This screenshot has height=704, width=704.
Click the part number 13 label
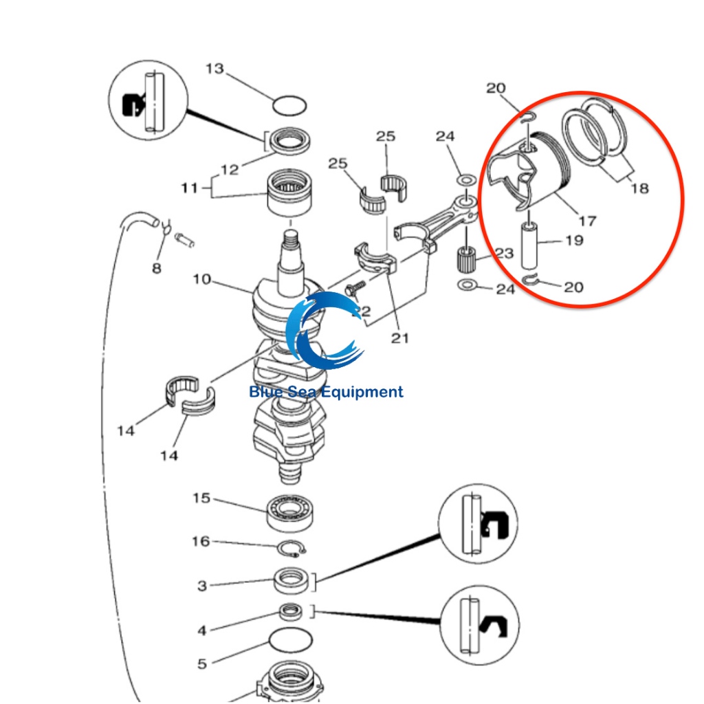(x=214, y=69)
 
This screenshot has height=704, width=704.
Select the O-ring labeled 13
(x=289, y=107)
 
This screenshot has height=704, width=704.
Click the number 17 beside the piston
(x=586, y=221)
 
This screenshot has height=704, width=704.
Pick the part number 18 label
(x=639, y=188)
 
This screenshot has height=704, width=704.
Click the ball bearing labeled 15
(x=292, y=511)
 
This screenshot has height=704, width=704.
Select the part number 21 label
(x=399, y=337)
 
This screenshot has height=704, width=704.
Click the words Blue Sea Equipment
(x=326, y=393)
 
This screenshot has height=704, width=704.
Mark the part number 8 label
(x=157, y=268)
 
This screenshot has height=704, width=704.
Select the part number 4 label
(x=201, y=630)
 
